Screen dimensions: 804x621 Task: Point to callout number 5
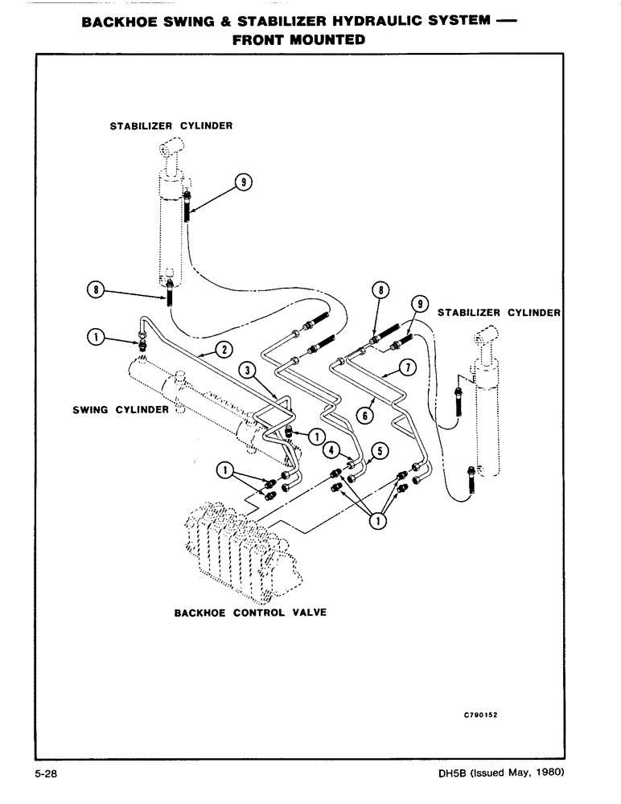tap(380, 450)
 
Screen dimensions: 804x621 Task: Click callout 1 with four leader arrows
tap(376, 519)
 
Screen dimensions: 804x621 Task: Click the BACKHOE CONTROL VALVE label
tap(250, 612)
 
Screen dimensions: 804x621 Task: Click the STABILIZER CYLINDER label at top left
tap(171, 125)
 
